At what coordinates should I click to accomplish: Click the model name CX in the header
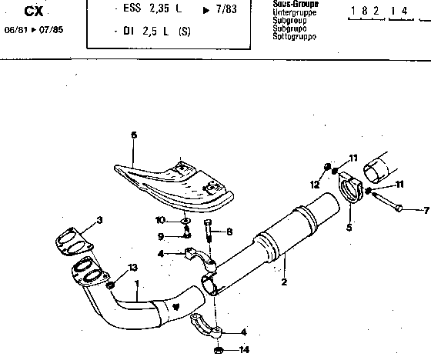pos(34,12)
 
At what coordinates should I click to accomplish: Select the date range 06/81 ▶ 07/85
pos(34,30)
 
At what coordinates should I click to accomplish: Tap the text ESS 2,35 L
pos(152,8)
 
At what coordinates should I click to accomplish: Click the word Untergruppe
pos(294,12)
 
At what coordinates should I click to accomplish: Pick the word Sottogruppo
pos(294,37)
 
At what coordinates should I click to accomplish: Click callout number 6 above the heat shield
pos(134,135)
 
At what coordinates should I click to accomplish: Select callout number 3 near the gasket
pos(99,220)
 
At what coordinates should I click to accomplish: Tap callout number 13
pos(133,267)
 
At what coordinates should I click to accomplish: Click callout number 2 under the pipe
pos(284,282)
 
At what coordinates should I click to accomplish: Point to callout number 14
pos(244,350)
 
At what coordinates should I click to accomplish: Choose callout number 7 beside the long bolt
pos(426,211)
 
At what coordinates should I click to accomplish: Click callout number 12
pos(315,185)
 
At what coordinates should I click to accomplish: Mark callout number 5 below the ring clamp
pos(349,228)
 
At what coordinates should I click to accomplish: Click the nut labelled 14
pos(218,350)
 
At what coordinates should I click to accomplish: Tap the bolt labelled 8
pos(209,230)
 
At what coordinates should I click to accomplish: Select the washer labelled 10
pos(185,221)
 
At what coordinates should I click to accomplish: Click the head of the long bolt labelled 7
pos(399,208)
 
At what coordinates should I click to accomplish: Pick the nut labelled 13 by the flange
pos(110,285)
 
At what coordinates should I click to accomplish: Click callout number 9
pos(161,237)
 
